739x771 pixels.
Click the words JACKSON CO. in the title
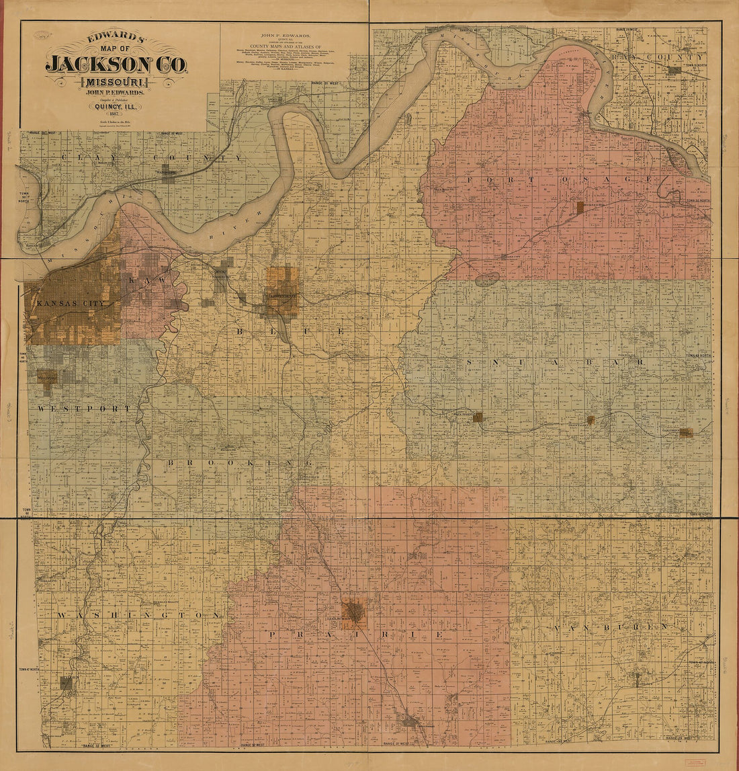coord(116,64)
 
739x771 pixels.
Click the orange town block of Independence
coord(281,292)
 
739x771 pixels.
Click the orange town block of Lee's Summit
coord(353,613)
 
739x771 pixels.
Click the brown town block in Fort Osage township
coord(579,207)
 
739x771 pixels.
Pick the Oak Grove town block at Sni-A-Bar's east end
coord(685,432)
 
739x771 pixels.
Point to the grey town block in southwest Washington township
coord(67,683)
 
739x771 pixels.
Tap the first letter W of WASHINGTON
coord(60,615)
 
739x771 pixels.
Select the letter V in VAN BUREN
coord(557,628)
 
